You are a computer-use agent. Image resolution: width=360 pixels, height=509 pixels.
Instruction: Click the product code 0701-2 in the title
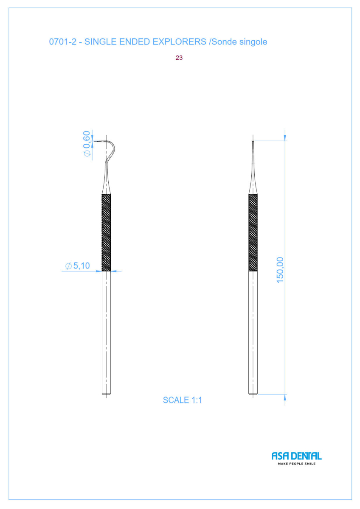(63, 42)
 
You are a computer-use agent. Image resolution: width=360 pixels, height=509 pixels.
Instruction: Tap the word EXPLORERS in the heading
(180, 42)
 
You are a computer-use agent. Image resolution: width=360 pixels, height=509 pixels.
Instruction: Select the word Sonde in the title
(223, 42)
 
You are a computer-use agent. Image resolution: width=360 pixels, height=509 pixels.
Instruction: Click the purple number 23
(179, 58)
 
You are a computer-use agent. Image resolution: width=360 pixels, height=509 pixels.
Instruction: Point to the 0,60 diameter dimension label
(87, 144)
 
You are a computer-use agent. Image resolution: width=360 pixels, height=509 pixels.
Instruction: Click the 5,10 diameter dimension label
(78, 266)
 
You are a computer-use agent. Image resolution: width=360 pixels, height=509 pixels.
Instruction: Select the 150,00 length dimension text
(280, 270)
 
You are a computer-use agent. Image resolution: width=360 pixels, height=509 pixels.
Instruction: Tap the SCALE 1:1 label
(183, 400)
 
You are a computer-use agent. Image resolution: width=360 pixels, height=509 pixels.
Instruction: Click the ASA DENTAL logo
(297, 456)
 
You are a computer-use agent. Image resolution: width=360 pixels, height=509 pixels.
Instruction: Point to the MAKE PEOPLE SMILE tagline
(297, 464)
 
